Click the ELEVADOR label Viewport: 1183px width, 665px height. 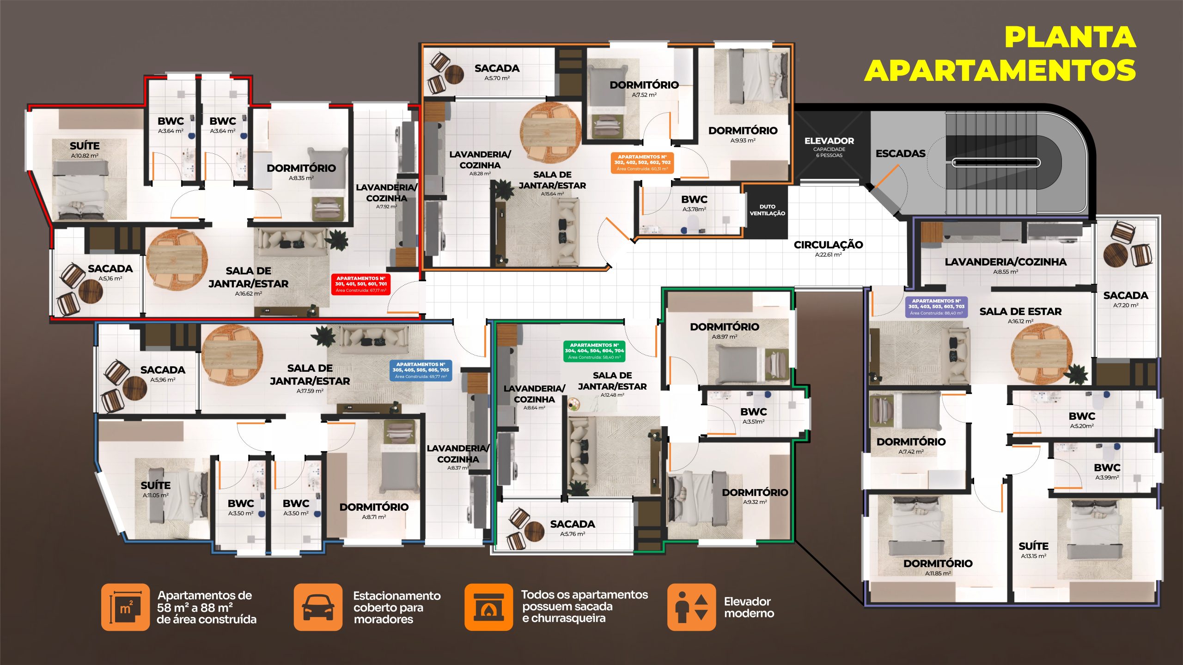click(x=829, y=141)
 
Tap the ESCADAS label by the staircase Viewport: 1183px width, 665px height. click(x=900, y=153)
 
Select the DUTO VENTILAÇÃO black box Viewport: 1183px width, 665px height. click(x=767, y=210)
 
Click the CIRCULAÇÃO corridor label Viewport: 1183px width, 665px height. click(x=828, y=245)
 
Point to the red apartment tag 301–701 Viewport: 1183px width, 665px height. click(x=361, y=284)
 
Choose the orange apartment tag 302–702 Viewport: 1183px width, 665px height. click(x=642, y=163)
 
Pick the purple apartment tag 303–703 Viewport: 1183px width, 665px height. click(x=936, y=307)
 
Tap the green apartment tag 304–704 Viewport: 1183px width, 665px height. click(x=594, y=351)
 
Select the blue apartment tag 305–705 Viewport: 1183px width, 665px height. click(x=421, y=370)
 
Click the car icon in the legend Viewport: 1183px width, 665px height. click(x=318, y=607)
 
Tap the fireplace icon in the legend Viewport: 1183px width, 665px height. click(x=488, y=607)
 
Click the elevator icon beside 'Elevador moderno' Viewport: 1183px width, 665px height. click(x=691, y=607)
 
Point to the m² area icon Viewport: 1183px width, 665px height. click(x=125, y=607)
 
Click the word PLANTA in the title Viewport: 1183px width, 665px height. click(x=1070, y=37)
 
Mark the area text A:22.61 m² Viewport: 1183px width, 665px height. click(x=828, y=255)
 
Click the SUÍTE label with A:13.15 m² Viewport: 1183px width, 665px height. click(x=1033, y=546)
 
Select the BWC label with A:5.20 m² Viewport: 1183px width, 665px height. click(x=1082, y=416)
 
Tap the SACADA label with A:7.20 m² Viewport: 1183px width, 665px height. click(x=1125, y=296)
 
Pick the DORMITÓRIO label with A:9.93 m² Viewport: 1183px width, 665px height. click(x=743, y=131)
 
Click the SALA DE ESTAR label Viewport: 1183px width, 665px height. click(x=1020, y=312)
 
